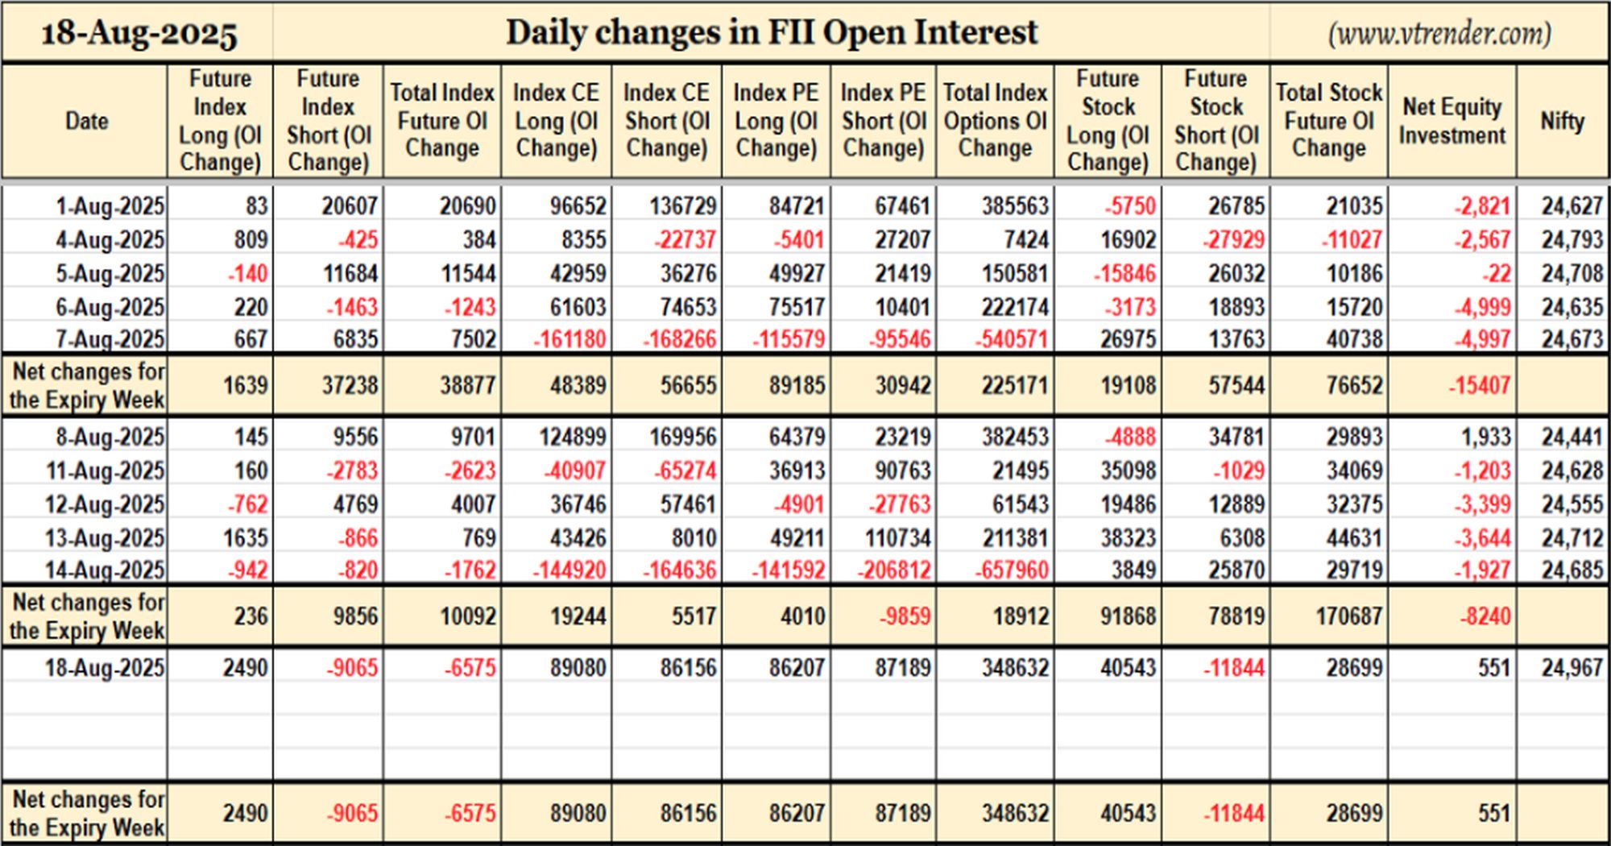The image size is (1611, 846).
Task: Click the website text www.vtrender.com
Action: click(x=1439, y=33)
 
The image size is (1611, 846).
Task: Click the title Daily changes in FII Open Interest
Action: click(x=772, y=32)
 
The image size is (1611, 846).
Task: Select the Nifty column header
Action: click(x=1562, y=121)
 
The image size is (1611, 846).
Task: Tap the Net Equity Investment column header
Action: click(x=1452, y=121)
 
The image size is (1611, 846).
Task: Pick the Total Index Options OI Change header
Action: click(x=995, y=121)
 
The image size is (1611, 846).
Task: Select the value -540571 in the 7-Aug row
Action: click(x=1012, y=339)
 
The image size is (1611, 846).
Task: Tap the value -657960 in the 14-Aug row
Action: click(x=1012, y=570)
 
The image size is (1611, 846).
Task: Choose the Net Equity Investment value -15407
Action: click(x=1479, y=385)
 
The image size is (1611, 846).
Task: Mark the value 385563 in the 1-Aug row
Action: click(x=1015, y=206)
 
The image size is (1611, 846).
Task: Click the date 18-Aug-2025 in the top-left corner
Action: click(x=139, y=34)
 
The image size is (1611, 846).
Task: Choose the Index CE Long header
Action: click(x=556, y=121)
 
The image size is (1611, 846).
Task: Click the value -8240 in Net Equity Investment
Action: click(x=1485, y=616)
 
